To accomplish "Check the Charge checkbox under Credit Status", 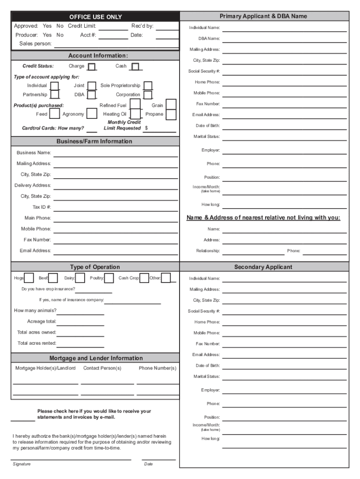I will click(x=92, y=67).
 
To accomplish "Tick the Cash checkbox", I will click(x=135, y=67).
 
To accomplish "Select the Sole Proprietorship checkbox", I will click(x=148, y=86).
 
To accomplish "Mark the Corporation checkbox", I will click(x=148, y=94).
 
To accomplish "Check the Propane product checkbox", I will click(x=171, y=114).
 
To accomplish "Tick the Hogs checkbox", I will click(x=29, y=278).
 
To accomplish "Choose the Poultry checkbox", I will click(x=109, y=278).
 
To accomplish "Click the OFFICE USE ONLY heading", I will click(x=95, y=17).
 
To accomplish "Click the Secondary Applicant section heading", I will click(x=263, y=267).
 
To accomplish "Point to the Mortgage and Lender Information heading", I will click(x=96, y=358).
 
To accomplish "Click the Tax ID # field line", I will click(x=115, y=209).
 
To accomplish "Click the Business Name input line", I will click(x=115, y=155).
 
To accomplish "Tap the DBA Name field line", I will click(x=284, y=41).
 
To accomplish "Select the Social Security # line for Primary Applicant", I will click(x=284, y=74).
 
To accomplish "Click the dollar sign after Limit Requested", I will click(x=146, y=128).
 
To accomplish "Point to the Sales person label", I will click(x=36, y=44).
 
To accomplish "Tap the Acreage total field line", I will click(x=80, y=324).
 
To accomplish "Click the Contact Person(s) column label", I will click(x=102, y=368).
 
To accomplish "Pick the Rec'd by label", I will click(x=142, y=26).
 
